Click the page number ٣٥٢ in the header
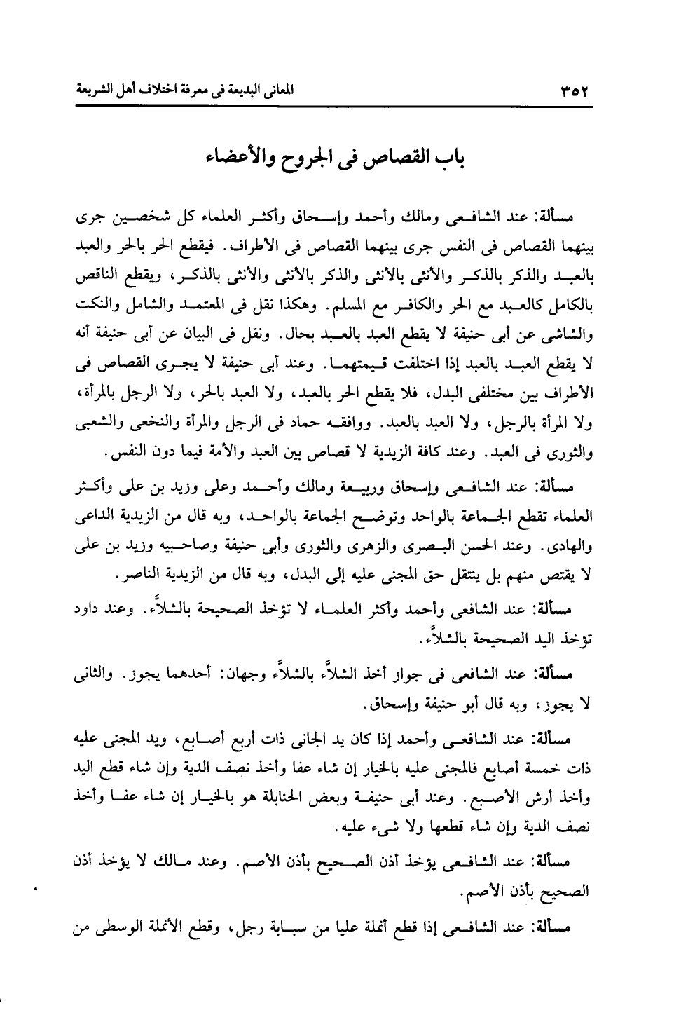pyautogui.click(x=574, y=92)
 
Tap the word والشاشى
pyautogui.click(x=572, y=335)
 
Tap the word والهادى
pyautogui.click(x=571, y=545)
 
